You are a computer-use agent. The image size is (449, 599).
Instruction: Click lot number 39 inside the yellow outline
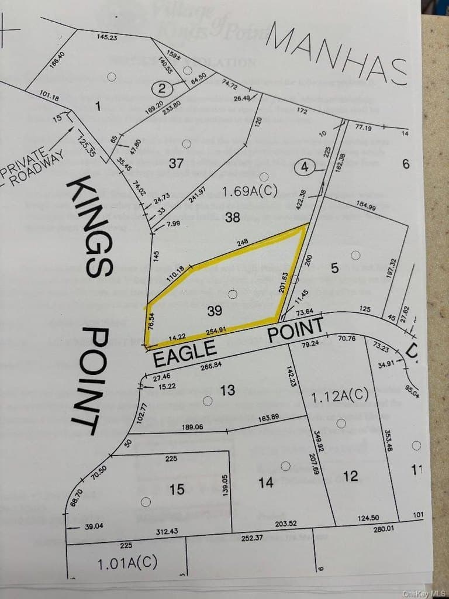(x=215, y=311)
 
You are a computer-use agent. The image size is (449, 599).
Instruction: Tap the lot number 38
(x=232, y=218)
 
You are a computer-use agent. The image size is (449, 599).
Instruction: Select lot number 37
(x=177, y=163)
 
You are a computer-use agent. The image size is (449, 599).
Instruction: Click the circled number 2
(x=163, y=89)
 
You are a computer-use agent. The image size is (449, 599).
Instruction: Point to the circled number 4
(x=304, y=167)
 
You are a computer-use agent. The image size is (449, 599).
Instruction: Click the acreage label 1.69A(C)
(x=250, y=191)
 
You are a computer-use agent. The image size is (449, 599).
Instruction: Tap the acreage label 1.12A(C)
(x=340, y=397)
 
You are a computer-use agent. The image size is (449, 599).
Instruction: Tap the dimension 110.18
(x=175, y=275)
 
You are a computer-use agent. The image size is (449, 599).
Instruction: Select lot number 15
(x=177, y=489)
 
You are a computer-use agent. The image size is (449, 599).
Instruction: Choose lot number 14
(x=265, y=483)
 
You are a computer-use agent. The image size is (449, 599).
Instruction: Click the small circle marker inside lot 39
(x=232, y=294)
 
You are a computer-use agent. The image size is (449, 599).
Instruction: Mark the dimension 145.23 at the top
(x=107, y=37)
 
